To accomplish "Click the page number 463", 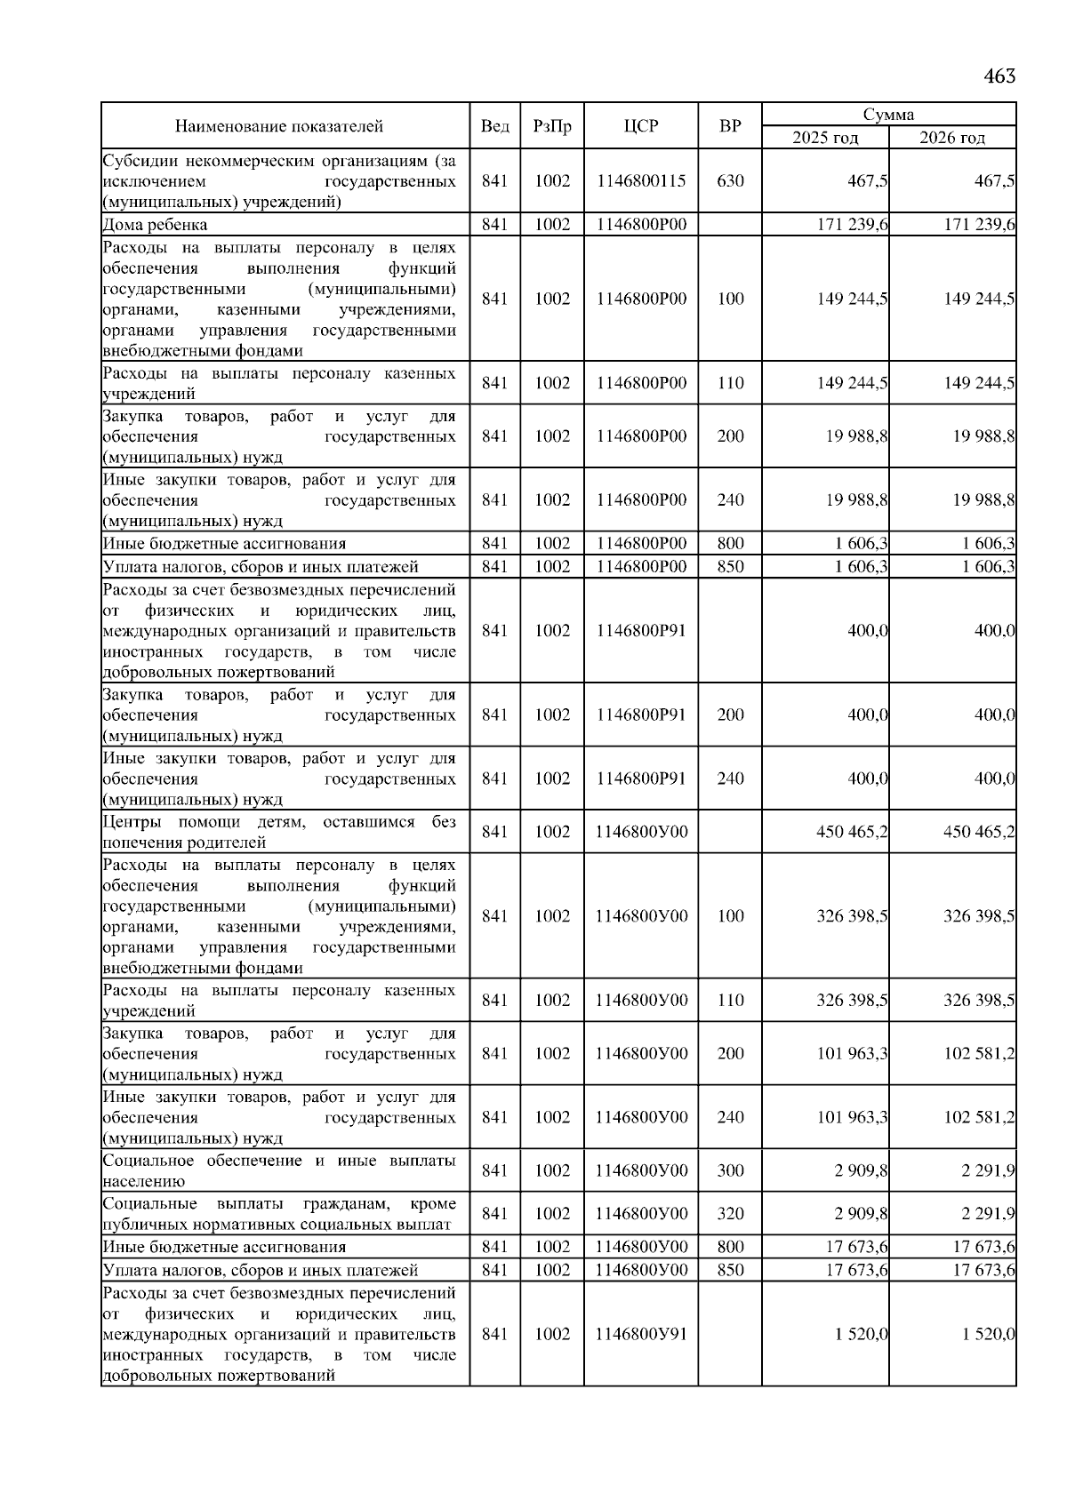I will pyautogui.click(x=999, y=76).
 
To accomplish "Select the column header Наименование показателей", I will pyautogui.click(x=278, y=126).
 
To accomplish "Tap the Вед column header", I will pyautogui.click(x=494, y=126).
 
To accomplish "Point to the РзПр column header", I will pyautogui.click(x=552, y=126).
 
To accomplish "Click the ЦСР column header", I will pyautogui.click(x=641, y=126).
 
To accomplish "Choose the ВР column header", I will pyautogui.click(x=730, y=126).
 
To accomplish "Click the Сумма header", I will pyautogui.click(x=888, y=115).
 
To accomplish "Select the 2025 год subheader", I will pyautogui.click(x=825, y=138).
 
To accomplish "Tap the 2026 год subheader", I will pyautogui.click(x=952, y=138).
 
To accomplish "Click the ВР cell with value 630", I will pyautogui.click(x=730, y=180).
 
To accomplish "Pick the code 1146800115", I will pyautogui.click(x=641, y=180).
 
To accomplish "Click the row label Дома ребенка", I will pyautogui.click(x=156, y=225).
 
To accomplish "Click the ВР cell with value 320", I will pyautogui.click(x=730, y=1214).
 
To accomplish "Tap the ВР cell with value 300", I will pyautogui.click(x=730, y=1170).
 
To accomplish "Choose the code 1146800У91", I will pyautogui.click(x=641, y=1334).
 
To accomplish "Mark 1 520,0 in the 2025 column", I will pyautogui.click(x=861, y=1334).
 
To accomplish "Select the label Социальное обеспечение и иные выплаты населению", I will pyautogui.click(x=278, y=1170).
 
